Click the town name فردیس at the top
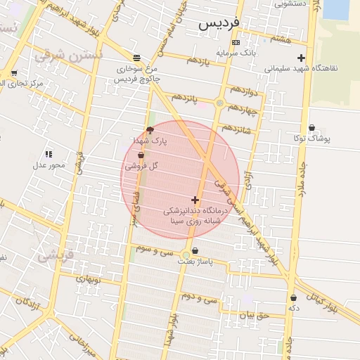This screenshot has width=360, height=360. [219, 22]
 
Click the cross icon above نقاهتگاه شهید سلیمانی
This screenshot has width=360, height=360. [302, 58]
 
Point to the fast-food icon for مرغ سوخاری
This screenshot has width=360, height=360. [136, 58]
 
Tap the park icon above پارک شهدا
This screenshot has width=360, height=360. [150, 130]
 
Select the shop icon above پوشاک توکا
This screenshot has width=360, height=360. [311, 128]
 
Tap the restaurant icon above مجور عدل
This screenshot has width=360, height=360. [49, 153]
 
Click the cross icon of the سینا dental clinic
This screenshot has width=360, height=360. [195, 200]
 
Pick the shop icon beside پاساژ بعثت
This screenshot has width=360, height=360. [195, 250]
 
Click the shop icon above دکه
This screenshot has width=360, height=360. [293, 297]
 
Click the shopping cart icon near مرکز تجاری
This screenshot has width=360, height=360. [14, 73]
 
